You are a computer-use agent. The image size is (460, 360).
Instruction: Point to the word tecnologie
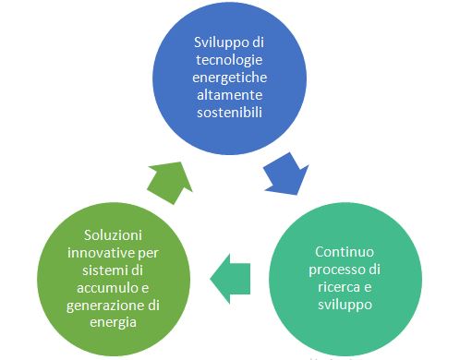[227, 61]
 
